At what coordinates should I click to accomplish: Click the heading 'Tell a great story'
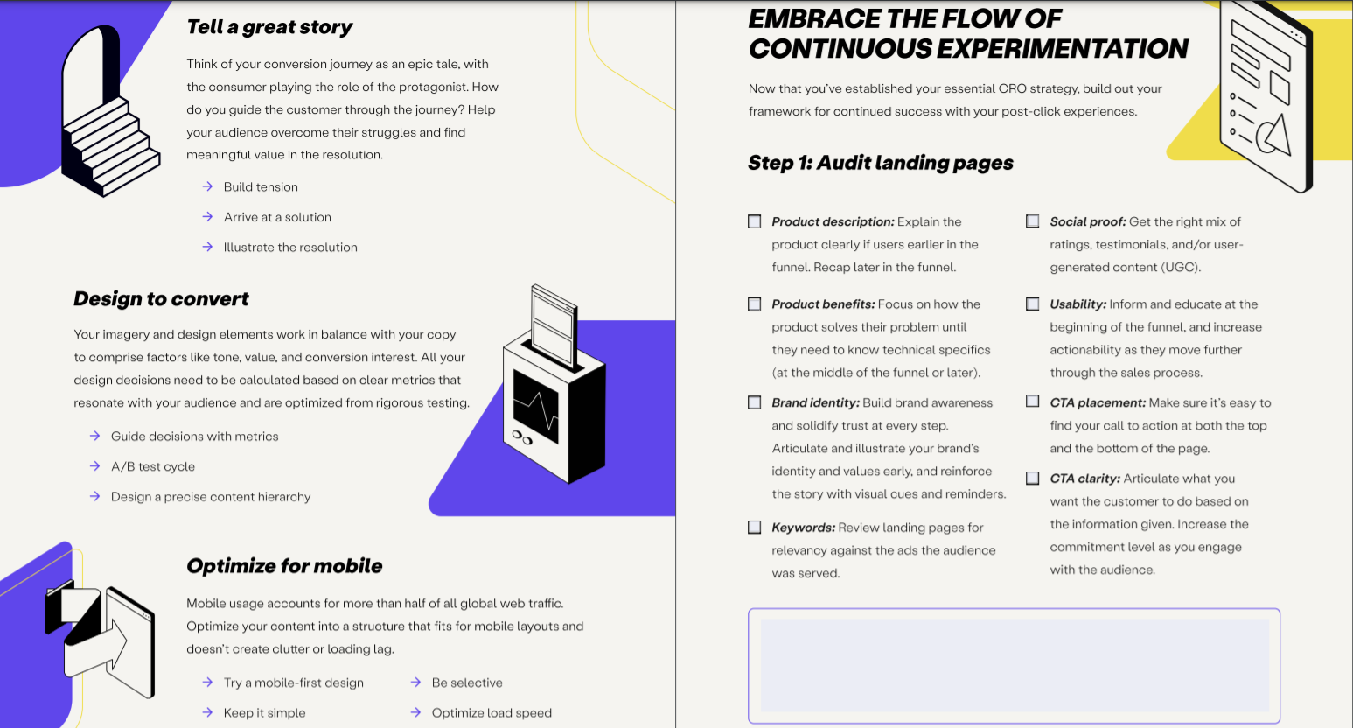[269, 27]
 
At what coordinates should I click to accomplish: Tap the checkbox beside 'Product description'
[755, 221]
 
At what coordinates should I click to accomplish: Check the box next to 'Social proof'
[1033, 221]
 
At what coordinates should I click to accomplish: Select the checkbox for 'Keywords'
[755, 528]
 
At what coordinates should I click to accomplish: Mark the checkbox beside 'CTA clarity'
[1033, 479]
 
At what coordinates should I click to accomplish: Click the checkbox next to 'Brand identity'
[755, 402]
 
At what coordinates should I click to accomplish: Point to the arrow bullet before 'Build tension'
[207, 186]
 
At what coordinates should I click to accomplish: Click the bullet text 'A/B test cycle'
[153, 466]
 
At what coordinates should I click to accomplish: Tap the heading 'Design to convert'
[161, 299]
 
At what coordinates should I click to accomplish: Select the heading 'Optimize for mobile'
[284, 566]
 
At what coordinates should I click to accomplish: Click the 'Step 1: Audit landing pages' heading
[881, 163]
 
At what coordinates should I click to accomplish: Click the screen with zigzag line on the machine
[535, 405]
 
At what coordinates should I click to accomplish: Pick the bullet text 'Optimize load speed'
[492, 713]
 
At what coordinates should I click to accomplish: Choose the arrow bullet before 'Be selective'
[415, 682]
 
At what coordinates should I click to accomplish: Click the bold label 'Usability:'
[1078, 304]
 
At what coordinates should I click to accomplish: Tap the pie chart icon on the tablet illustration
[1273, 134]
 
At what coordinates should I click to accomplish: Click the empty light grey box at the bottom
[1015, 665]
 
